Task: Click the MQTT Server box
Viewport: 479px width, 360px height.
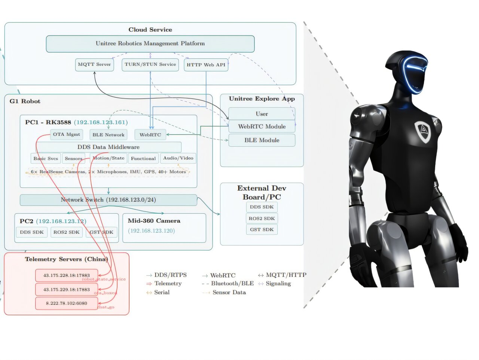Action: point(94,64)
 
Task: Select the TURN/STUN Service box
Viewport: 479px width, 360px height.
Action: point(150,64)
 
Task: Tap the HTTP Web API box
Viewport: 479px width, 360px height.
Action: point(206,65)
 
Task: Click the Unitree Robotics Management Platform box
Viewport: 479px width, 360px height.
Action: point(150,43)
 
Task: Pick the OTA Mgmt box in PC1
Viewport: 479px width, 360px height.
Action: point(66,134)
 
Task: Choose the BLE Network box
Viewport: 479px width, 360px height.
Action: point(109,135)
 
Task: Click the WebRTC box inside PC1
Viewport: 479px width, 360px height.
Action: point(150,135)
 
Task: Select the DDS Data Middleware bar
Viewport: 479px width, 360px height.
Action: point(109,147)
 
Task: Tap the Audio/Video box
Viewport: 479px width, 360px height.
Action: point(178,158)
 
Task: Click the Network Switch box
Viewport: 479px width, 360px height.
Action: point(109,200)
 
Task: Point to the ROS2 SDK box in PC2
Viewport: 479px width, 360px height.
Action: point(66,232)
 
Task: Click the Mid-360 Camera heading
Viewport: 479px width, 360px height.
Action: point(154,221)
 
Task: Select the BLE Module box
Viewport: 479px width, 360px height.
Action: point(262,140)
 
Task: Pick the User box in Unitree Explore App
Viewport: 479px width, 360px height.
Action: point(262,114)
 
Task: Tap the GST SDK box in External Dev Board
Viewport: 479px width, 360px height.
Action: point(262,229)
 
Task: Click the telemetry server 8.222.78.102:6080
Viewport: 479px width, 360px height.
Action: point(67,303)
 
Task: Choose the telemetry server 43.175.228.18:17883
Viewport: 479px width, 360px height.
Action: point(67,275)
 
